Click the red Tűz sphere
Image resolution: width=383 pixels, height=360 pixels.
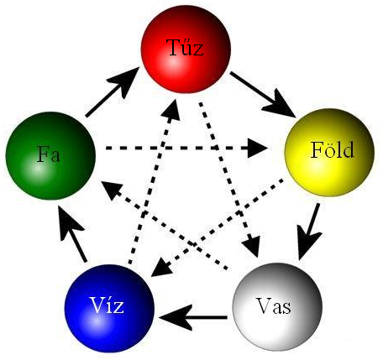pos(186,49)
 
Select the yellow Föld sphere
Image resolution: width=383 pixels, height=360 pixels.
pos(329,153)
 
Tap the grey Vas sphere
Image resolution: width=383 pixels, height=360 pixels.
pos(277,307)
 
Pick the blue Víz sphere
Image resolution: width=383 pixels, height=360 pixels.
pos(109,309)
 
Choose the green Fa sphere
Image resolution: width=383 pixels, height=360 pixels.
pos(50,156)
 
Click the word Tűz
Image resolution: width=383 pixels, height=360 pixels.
pos(185,48)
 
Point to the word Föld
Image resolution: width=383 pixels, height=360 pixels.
pos(333,150)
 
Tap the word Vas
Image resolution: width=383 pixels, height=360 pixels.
pos(274,305)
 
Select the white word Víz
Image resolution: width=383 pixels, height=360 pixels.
pos(107,305)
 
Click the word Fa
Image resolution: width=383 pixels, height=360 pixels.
pos(49,154)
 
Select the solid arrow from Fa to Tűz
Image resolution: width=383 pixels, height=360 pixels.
pos(113,91)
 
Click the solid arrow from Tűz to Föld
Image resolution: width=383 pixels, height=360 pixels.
pos(263,95)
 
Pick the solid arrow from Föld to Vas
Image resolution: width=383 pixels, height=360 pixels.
pos(309,232)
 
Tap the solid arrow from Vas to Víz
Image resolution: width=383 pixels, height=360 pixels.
pos(193,317)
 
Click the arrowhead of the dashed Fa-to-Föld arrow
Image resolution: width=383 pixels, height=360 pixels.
pos(258,148)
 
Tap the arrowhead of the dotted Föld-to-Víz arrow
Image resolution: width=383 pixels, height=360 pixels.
pos(161,267)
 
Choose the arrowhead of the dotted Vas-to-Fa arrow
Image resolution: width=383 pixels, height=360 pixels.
pos(112,190)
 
